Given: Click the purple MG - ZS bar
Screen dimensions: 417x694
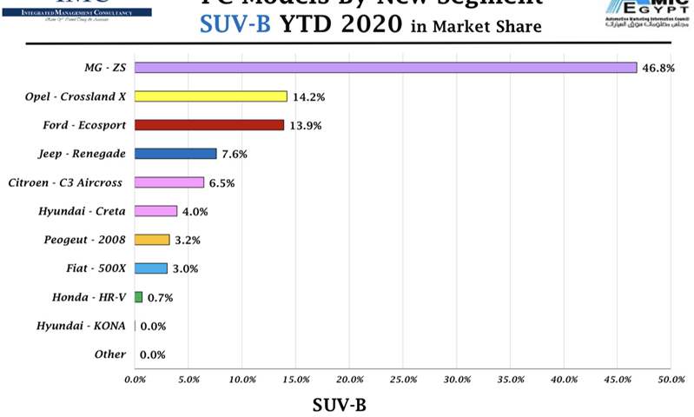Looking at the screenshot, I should pyautogui.click(x=386, y=67).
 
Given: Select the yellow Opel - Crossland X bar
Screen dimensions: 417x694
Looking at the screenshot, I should pyautogui.click(x=210, y=96).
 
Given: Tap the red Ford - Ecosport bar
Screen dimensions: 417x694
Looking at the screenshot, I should pyautogui.click(x=209, y=125).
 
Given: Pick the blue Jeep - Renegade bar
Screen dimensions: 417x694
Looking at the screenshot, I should pyautogui.click(x=175, y=154).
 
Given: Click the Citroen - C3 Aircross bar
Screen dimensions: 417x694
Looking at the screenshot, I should pyautogui.click(x=169, y=182).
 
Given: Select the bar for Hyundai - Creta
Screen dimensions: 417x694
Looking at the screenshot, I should pyautogui.click(x=155, y=211).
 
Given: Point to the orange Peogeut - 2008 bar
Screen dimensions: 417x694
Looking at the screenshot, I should pyautogui.click(x=152, y=240).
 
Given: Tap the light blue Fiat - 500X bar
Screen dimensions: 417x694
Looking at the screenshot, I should pyautogui.click(x=150, y=268).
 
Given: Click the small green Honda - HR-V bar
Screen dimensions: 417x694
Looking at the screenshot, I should pyautogui.click(x=138, y=297).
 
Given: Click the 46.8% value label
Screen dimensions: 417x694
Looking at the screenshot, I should pyautogui.click(x=658, y=68).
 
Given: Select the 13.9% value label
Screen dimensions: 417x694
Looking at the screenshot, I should pyautogui.click(x=306, y=126).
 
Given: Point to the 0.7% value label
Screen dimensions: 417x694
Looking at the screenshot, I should pyautogui.click(x=161, y=298).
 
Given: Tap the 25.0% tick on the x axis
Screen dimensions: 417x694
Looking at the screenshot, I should pyautogui.click(x=403, y=380).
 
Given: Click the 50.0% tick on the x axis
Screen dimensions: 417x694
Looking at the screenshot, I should pyautogui.click(x=670, y=380).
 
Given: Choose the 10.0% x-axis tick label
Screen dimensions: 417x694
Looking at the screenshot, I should pyautogui.click(x=242, y=380).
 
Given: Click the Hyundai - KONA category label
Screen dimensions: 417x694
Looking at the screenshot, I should pyautogui.click(x=81, y=326).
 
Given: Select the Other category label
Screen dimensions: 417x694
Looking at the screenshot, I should pyautogui.click(x=109, y=354).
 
